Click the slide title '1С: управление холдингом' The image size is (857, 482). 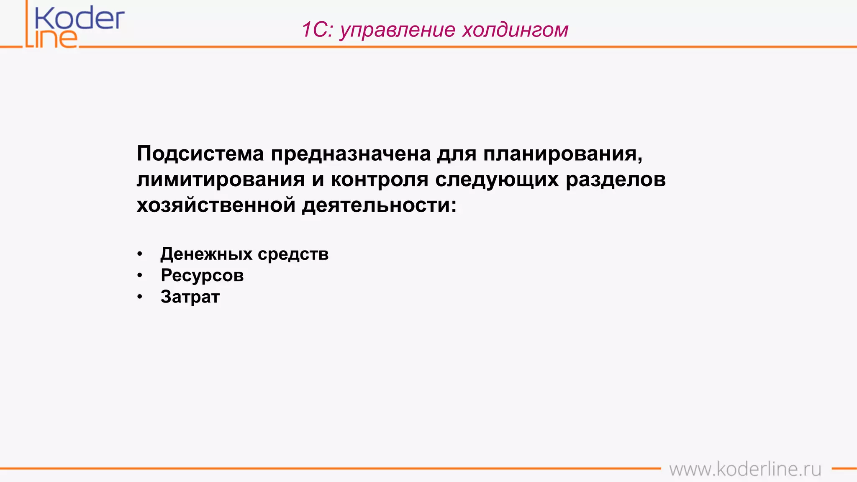435,30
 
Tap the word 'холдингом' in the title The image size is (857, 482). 515,30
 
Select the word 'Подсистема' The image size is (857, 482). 200,154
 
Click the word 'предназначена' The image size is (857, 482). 351,154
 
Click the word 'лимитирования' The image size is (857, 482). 221,179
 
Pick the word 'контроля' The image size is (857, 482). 380,179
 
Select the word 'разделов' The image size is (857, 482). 616,179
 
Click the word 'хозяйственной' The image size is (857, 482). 216,205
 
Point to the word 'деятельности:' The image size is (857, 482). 379,205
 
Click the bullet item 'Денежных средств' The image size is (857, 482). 244,254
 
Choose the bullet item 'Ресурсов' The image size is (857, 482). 202,275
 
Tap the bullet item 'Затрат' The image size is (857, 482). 190,297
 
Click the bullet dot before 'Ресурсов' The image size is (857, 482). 140,275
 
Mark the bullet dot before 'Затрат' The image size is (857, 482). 140,297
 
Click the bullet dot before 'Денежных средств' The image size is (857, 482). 140,254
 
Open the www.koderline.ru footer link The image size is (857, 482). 745,469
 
